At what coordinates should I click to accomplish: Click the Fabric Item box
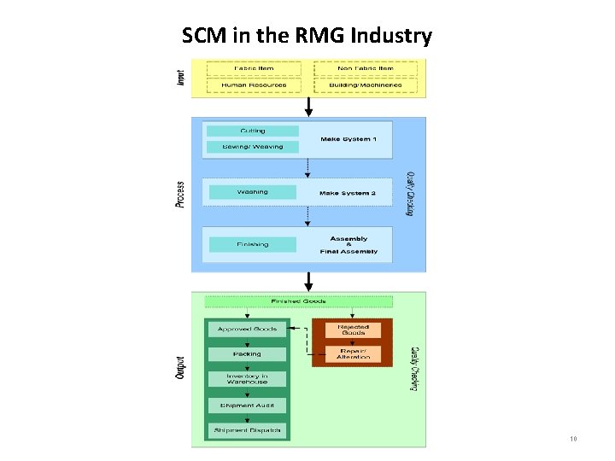253,68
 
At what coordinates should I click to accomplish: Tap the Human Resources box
253,85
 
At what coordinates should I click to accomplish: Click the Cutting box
253,131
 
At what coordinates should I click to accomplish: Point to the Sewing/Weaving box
253,147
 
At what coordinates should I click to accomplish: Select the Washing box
253,192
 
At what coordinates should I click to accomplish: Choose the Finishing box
253,244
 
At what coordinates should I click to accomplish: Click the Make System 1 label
347,139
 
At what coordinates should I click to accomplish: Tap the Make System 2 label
347,193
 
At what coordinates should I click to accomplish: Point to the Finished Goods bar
298,301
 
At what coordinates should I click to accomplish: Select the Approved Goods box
247,329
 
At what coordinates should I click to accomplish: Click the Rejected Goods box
353,328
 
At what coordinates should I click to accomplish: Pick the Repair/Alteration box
353,353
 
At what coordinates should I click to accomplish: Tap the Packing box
247,353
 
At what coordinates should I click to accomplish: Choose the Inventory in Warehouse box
247,378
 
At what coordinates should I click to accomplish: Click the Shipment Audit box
247,405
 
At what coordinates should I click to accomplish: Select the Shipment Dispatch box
247,429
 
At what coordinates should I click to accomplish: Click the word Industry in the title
389,36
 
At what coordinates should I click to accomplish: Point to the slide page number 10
573,440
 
